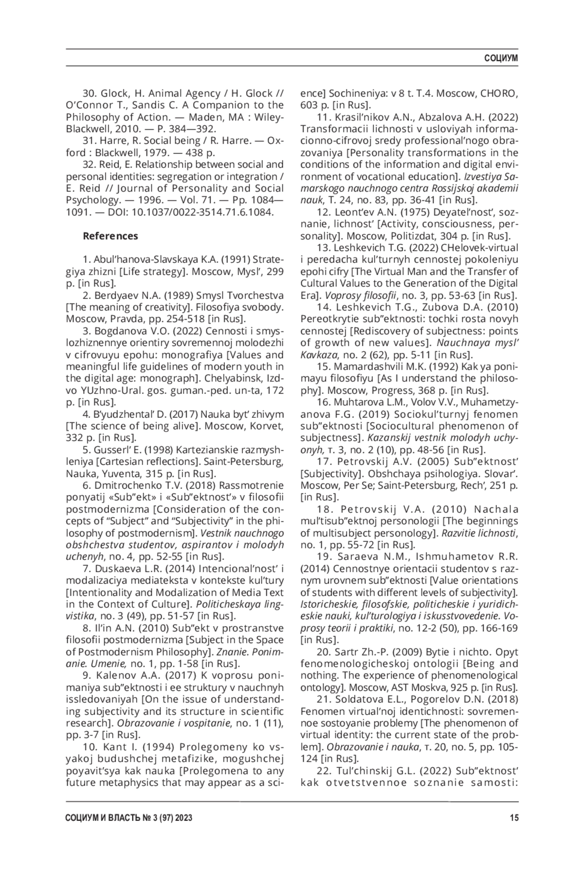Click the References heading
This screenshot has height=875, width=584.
110,236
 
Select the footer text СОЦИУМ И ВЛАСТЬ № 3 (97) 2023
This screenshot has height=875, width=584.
128,819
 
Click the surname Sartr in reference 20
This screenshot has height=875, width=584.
347,652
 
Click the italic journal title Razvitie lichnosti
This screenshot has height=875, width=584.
479,533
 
